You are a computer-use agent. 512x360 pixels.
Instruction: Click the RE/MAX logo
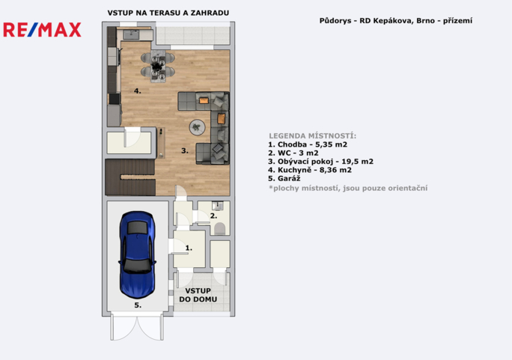[x=42, y=30]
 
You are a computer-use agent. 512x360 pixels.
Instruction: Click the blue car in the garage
[x=137, y=255]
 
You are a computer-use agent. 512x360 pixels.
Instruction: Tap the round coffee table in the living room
[x=197, y=127]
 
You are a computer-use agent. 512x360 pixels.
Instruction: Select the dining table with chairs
[x=158, y=66]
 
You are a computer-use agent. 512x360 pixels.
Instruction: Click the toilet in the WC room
[x=219, y=229]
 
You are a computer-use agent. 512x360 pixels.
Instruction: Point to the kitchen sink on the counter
[x=131, y=34]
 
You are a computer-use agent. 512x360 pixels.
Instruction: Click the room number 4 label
[x=138, y=91]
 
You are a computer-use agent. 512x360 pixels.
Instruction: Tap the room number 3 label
[x=185, y=150]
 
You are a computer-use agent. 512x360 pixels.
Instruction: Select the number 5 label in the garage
[x=138, y=305]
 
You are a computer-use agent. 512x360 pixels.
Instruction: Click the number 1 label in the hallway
[x=189, y=248]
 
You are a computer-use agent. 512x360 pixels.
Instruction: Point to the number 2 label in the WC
[x=213, y=216]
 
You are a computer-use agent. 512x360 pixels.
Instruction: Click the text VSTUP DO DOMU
[x=198, y=295]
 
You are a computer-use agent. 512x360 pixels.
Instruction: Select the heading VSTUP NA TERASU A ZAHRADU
[x=168, y=13]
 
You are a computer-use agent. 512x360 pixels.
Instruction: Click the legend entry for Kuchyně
[x=310, y=170]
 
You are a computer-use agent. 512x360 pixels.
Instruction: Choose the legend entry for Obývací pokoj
[x=320, y=162]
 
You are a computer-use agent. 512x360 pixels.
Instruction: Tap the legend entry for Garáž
[x=284, y=179]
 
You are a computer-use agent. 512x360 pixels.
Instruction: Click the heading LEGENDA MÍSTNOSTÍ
[x=312, y=135]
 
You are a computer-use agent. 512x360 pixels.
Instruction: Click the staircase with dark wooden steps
[x=130, y=177]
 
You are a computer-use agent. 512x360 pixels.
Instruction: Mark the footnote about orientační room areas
[x=348, y=189]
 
